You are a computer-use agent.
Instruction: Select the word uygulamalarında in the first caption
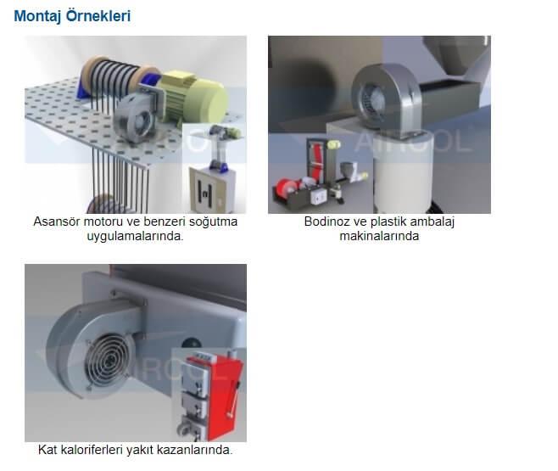(x=136, y=236)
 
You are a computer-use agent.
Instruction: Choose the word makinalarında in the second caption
(x=379, y=236)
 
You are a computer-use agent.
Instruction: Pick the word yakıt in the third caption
(x=145, y=449)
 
